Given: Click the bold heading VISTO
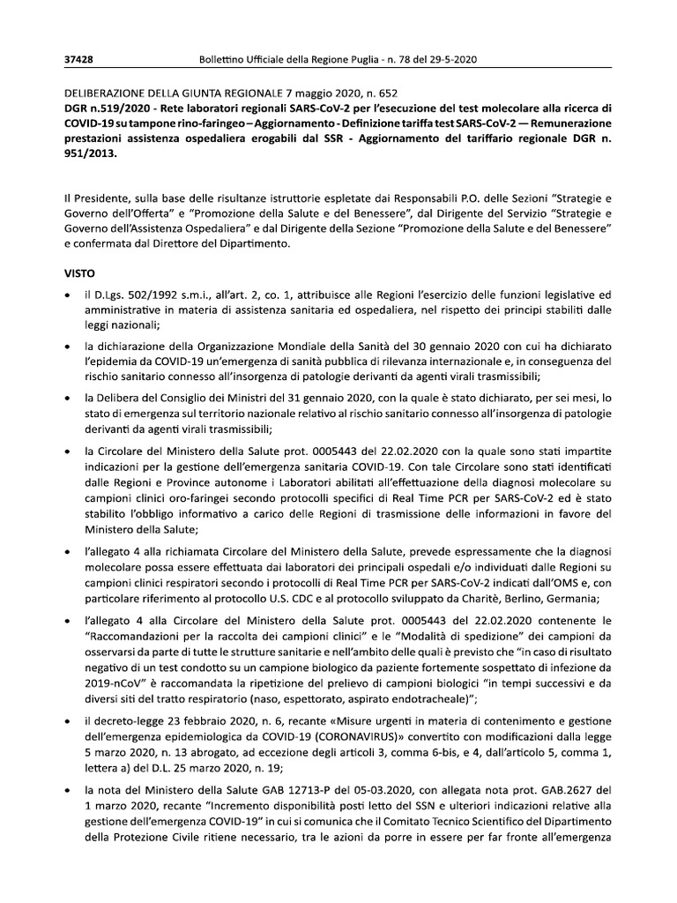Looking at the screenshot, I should (82, 273).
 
